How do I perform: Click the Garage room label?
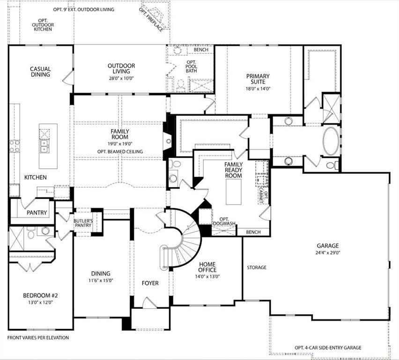[327, 246]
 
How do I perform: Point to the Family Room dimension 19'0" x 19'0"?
[120, 144]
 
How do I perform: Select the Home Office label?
[207, 267]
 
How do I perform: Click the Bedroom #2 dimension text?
[40, 302]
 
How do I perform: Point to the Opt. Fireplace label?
[152, 19]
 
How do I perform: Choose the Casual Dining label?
[41, 72]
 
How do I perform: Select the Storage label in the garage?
[257, 268]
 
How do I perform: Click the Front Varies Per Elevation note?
[38, 337]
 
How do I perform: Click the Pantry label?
[37, 212]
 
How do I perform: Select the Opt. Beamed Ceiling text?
[120, 151]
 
